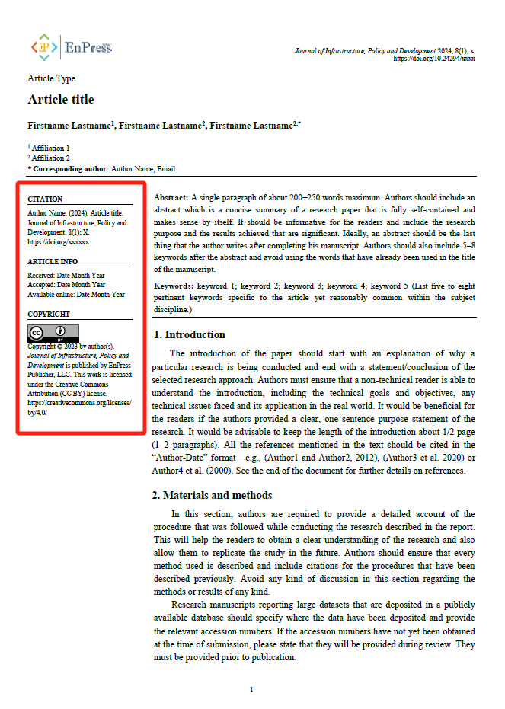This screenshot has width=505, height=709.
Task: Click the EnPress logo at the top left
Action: pyautogui.click(x=71, y=47)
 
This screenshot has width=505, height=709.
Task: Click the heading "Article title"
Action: pyautogui.click(x=61, y=100)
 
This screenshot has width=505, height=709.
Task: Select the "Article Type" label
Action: pyautogui.click(x=52, y=78)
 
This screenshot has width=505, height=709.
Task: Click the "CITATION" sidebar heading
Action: pyautogui.click(x=45, y=200)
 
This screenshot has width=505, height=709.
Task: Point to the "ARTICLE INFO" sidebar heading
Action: pyautogui.click(x=53, y=262)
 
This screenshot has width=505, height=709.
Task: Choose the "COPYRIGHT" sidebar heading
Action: pyautogui.click(x=49, y=314)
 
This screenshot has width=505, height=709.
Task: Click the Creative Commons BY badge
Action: pyautogui.click(x=53, y=332)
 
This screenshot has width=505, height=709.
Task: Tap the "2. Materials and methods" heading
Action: pyautogui.click(x=214, y=495)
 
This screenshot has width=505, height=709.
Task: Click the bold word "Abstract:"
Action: pyautogui.click(x=171, y=196)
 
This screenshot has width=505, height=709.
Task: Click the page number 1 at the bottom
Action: pyautogui.click(x=251, y=690)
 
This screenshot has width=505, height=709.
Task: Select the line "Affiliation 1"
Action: pyautogui.click(x=50, y=149)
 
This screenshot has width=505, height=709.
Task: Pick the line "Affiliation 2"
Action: pyautogui.click(x=50, y=158)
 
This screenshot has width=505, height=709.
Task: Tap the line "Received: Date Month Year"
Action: pyautogui.click(x=66, y=275)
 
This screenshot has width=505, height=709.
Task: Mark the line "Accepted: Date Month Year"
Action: pyautogui.click(x=66, y=285)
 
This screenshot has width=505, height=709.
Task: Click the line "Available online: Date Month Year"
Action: pyautogui.click(x=76, y=295)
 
